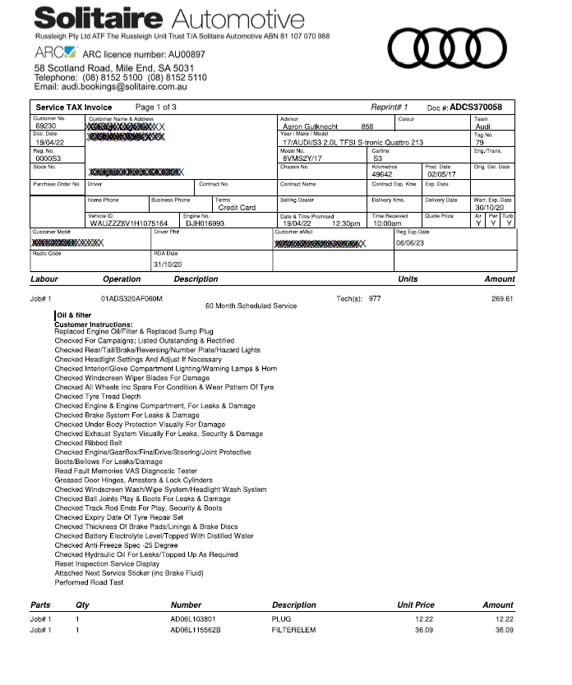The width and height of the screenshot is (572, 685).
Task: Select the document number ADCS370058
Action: [x=476, y=107]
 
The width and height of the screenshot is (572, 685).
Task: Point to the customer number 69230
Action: [x=47, y=126]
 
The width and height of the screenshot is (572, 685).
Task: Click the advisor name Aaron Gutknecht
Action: [x=313, y=126]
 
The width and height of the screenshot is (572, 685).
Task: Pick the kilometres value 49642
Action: [x=382, y=174]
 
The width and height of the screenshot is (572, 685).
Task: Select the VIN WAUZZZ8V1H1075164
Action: [x=128, y=223]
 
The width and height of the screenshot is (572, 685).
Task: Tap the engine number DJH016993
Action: [x=205, y=223]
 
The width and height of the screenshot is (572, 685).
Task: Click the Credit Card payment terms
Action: [x=237, y=208]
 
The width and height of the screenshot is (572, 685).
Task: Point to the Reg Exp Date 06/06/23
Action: [x=413, y=243]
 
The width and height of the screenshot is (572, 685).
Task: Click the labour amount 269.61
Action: [x=502, y=299]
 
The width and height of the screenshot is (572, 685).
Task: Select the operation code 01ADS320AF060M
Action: [x=131, y=299]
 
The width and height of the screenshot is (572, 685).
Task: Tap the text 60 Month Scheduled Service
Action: [x=251, y=306]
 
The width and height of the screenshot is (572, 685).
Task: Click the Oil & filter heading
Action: [x=73, y=315]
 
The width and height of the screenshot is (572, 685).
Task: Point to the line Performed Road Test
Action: [x=89, y=582]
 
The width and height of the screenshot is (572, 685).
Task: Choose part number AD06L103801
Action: [x=193, y=618]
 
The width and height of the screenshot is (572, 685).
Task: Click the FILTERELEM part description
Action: [x=293, y=630]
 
